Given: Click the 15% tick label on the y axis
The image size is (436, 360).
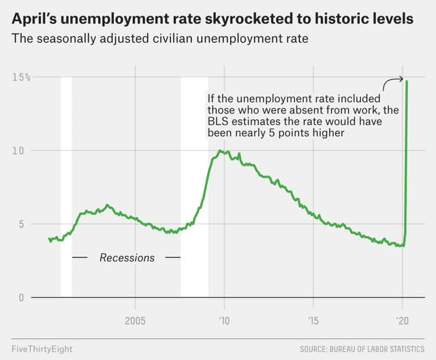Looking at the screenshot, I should pos(20,77).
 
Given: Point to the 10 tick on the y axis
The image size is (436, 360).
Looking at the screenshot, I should pos(21,150).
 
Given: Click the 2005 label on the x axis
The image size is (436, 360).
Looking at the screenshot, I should pos(135,320).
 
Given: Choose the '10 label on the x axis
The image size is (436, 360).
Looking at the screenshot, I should pos(224,320).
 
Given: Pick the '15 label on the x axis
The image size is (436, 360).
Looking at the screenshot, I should pos(313,320).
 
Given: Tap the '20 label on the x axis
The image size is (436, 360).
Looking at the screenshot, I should pos(403,320).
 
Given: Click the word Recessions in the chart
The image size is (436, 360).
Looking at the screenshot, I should pos(127,258).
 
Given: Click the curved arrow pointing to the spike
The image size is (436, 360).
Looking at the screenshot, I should pos(392,82).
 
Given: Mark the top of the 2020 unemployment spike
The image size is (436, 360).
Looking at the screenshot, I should pos(407,82).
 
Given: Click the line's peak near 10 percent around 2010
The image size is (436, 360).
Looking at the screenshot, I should pos(219,150).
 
